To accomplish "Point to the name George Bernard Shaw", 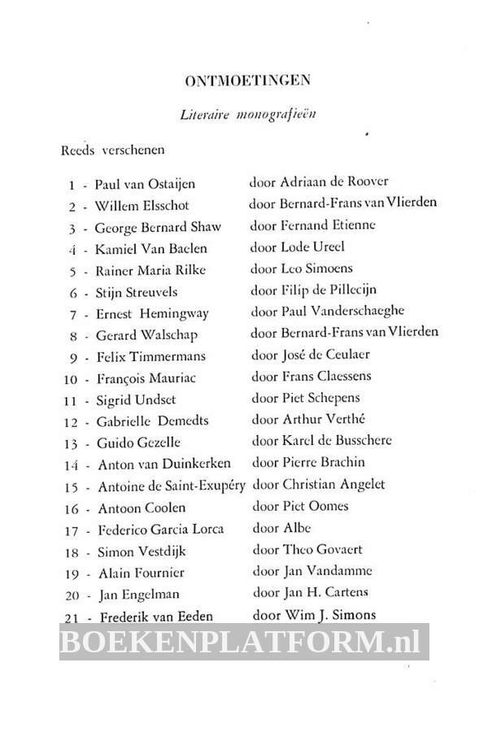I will click(158, 226).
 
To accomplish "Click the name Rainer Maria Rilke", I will click(150, 269).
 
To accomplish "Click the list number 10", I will click(71, 378).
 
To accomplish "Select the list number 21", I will click(71, 616).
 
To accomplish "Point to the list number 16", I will click(71, 508).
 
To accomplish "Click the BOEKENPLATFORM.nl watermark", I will click(245, 643).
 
